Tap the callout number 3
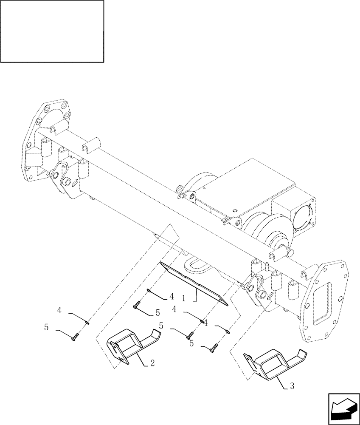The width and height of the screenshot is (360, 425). (x=292, y=386)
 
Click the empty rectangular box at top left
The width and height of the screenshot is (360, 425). (x=52, y=31)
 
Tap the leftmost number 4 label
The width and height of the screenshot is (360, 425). (x=59, y=311)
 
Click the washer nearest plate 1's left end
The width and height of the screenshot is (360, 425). (x=149, y=291)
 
